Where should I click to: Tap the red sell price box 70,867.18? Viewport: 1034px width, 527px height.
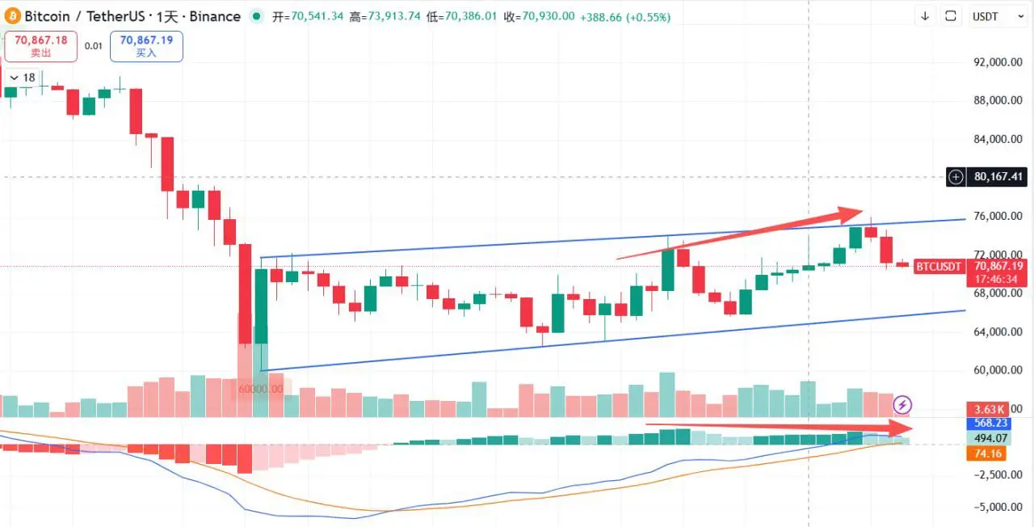[x=40, y=45]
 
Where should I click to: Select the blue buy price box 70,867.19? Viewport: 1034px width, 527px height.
[x=146, y=45]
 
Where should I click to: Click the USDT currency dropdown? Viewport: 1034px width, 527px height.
[x=998, y=16]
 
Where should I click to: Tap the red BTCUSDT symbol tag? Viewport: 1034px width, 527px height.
[x=938, y=266]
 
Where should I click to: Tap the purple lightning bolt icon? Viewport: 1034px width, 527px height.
[x=902, y=404]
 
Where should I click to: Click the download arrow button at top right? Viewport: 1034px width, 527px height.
[x=925, y=16]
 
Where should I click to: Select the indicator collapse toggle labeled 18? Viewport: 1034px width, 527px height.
[x=22, y=78]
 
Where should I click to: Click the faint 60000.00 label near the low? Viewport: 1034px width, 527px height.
[x=262, y=389]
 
